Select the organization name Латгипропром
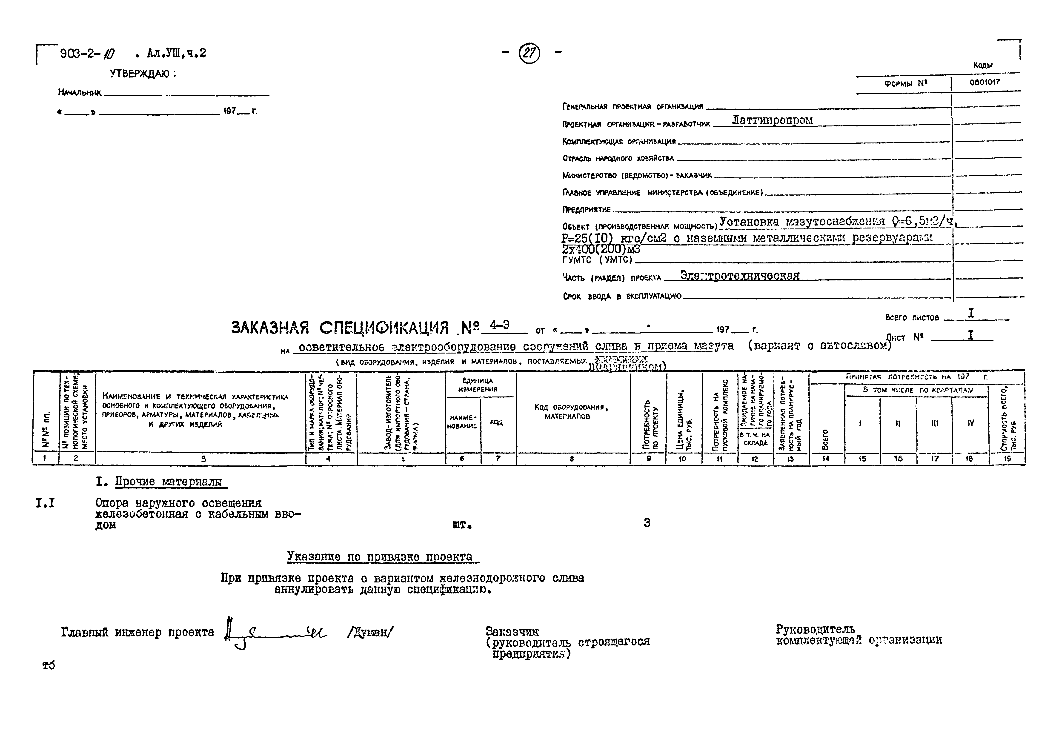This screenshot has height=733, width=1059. [772, 120]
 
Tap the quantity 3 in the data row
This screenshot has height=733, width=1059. [647, 523]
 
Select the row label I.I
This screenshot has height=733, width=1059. [45, 503]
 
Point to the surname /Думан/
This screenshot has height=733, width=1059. [370, 632]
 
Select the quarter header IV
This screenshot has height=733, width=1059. [970, 423]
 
